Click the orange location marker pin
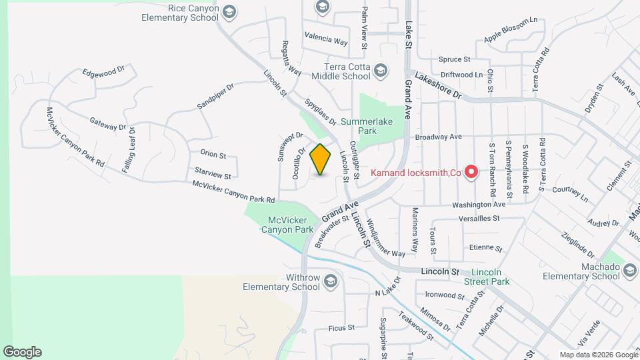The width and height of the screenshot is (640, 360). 321,159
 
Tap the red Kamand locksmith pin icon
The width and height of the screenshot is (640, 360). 471,173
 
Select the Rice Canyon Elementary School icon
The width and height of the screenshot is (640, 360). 229,11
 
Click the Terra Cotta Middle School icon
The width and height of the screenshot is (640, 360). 381,71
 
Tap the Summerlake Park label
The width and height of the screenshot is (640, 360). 367,126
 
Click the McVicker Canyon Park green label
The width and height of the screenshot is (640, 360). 291,225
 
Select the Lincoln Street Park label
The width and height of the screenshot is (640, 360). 491,277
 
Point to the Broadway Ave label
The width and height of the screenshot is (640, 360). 438,137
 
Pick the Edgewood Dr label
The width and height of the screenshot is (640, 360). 103,71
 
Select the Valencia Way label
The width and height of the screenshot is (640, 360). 326,39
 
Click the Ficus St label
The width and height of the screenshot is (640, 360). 341,328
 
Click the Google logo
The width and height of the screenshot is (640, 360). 22,351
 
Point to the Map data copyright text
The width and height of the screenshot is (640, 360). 598,355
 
